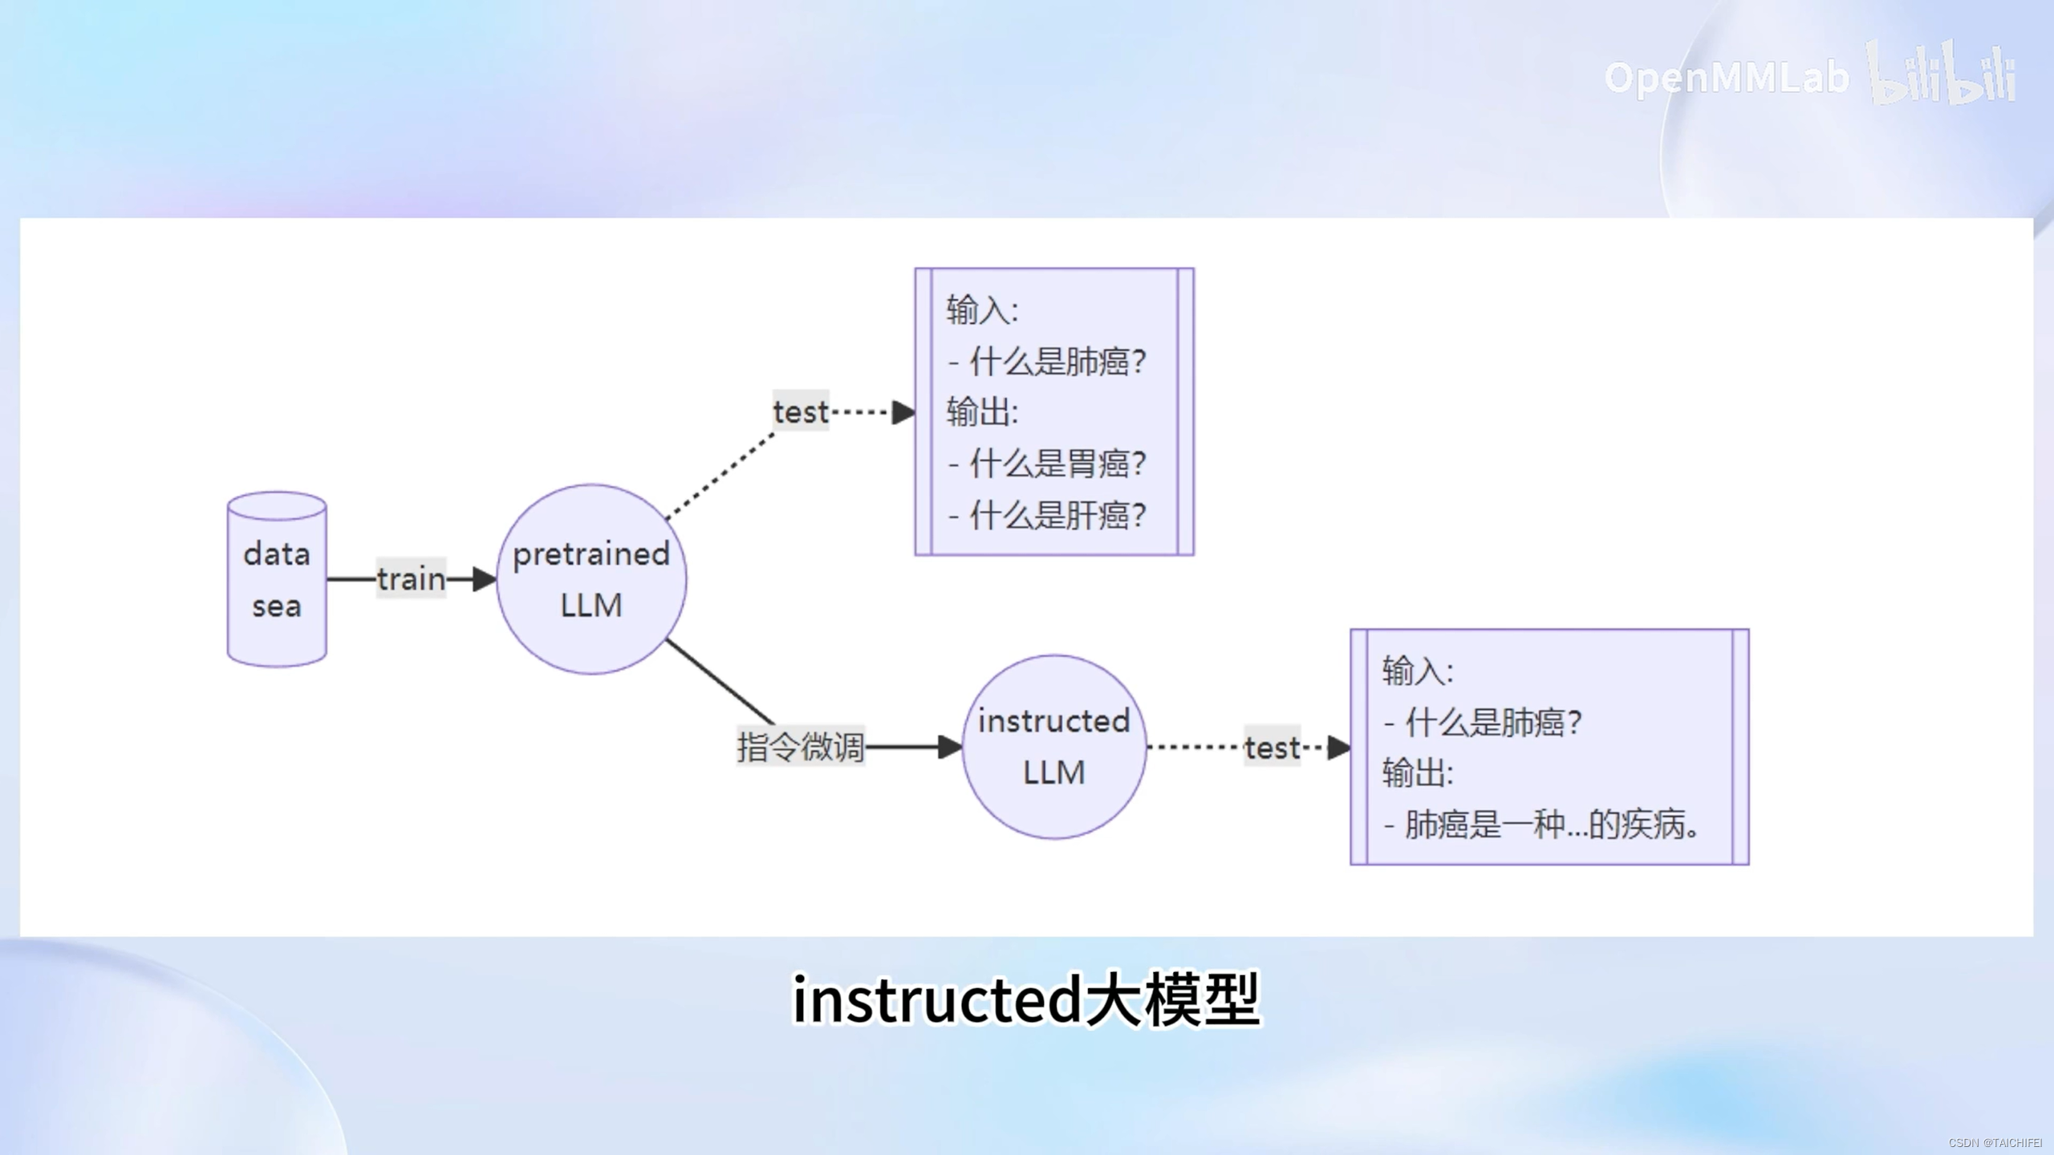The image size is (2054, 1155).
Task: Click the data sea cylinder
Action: tap(277, 579)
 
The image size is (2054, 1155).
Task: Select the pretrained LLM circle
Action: tap(591, 579)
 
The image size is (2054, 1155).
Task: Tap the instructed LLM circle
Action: tap(1053, 747)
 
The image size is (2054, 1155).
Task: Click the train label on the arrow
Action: tap(411, 578)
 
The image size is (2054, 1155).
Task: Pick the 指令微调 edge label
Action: tap(800, 747)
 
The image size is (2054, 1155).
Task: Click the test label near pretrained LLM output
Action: tap(800, 412)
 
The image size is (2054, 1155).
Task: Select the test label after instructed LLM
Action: tap(1272, 748)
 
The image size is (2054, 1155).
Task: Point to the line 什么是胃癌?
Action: tap(1057, 464)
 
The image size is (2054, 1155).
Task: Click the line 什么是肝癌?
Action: tap(1057, 515)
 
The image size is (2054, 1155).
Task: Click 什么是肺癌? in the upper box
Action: tap(1057, 362)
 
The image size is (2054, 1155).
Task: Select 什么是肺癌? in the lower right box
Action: tap(1492, 723)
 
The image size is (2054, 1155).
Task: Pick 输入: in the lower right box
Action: tap(1417, 671)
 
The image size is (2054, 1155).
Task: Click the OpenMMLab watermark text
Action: tap(1726, 79)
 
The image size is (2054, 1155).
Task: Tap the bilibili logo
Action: tap(1942, 77)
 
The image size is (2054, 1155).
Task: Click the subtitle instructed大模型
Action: tap(1026, 999)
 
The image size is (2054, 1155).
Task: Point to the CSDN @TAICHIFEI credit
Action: tap(1995, 1143)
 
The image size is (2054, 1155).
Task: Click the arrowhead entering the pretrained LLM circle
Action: tap(485, 579)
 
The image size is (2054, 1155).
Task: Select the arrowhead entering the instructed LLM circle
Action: tap(951, 748)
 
